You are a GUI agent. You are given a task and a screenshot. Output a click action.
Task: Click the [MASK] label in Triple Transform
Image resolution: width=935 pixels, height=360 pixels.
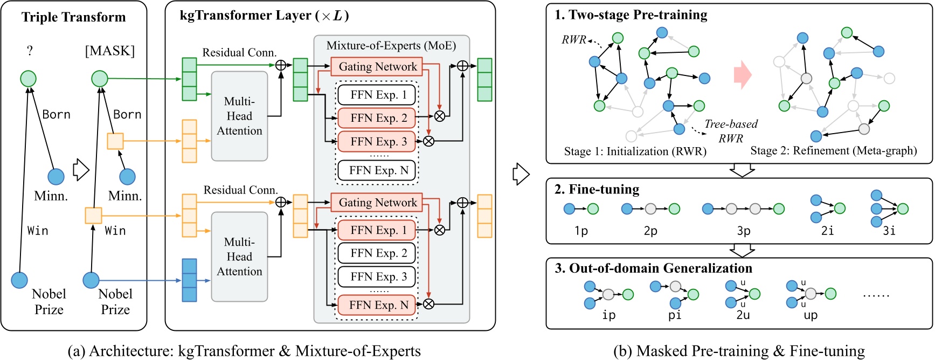click(x=110, y=51)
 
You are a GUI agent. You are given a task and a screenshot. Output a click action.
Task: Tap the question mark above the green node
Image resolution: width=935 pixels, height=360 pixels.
click(x=30, y=51)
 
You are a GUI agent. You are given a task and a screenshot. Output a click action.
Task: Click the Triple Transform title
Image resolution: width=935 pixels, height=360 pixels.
click(x=74, y=17)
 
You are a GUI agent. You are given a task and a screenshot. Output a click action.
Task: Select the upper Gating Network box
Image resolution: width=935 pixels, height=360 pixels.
click(x=377, y=66)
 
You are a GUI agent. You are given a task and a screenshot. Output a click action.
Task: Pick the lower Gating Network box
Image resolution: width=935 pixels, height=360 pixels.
click(x=377, y=202)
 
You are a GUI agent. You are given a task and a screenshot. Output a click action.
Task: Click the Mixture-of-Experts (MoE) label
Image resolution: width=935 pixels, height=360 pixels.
click(x=391, y=45)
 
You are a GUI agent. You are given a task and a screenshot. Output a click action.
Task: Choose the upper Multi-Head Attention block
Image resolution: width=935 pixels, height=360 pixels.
click(x=240, y=116)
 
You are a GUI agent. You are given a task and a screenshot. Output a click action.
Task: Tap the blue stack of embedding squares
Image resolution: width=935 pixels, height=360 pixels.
click(x=190, y=280)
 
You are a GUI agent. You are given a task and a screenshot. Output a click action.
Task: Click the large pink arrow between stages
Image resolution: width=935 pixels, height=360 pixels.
click(x=743, y=74)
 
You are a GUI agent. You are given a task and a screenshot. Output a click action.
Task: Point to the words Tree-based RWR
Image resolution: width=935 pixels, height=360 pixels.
click(x=731, y=131)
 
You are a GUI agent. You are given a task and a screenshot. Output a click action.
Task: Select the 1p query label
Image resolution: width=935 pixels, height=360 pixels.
click(x=581, y=231)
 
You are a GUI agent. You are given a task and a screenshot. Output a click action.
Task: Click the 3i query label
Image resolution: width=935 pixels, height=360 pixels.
click(x=889, y=231)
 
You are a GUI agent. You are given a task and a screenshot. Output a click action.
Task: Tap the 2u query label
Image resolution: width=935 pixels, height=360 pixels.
click(x=743, y=315)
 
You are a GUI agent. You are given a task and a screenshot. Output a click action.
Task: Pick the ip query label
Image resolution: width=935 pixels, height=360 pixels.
click(x=609, y=315)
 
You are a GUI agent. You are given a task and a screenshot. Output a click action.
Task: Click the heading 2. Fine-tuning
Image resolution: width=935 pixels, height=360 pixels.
click(x=597, y=189)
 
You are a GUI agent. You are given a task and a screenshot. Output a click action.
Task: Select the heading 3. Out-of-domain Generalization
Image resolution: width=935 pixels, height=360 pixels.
click(x=653, y=268)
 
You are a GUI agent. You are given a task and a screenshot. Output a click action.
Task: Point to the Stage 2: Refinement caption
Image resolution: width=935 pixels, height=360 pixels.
click(x=834, y=151)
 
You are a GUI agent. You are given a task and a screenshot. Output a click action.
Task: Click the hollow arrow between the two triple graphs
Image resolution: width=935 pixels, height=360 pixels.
click(x=80, y=169)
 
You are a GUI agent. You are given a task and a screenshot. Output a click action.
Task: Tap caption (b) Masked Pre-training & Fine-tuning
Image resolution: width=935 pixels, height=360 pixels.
click(x=739, y=351)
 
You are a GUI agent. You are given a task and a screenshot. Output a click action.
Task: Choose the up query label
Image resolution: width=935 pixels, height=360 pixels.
click(x=811, y=315)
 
